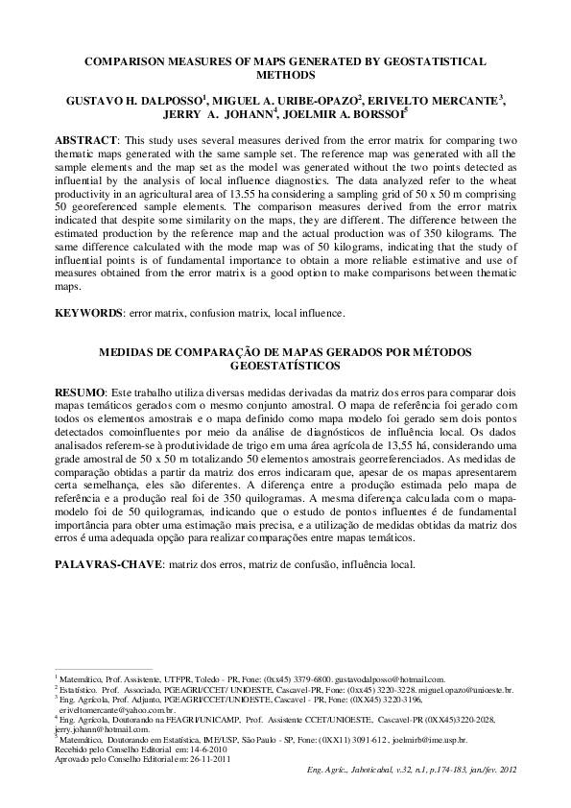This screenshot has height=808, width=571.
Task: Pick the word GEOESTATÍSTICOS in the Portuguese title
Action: (285, 367)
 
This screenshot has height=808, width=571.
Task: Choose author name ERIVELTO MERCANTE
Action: (443, 100)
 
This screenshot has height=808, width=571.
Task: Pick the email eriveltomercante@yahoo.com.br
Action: (121, 710)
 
